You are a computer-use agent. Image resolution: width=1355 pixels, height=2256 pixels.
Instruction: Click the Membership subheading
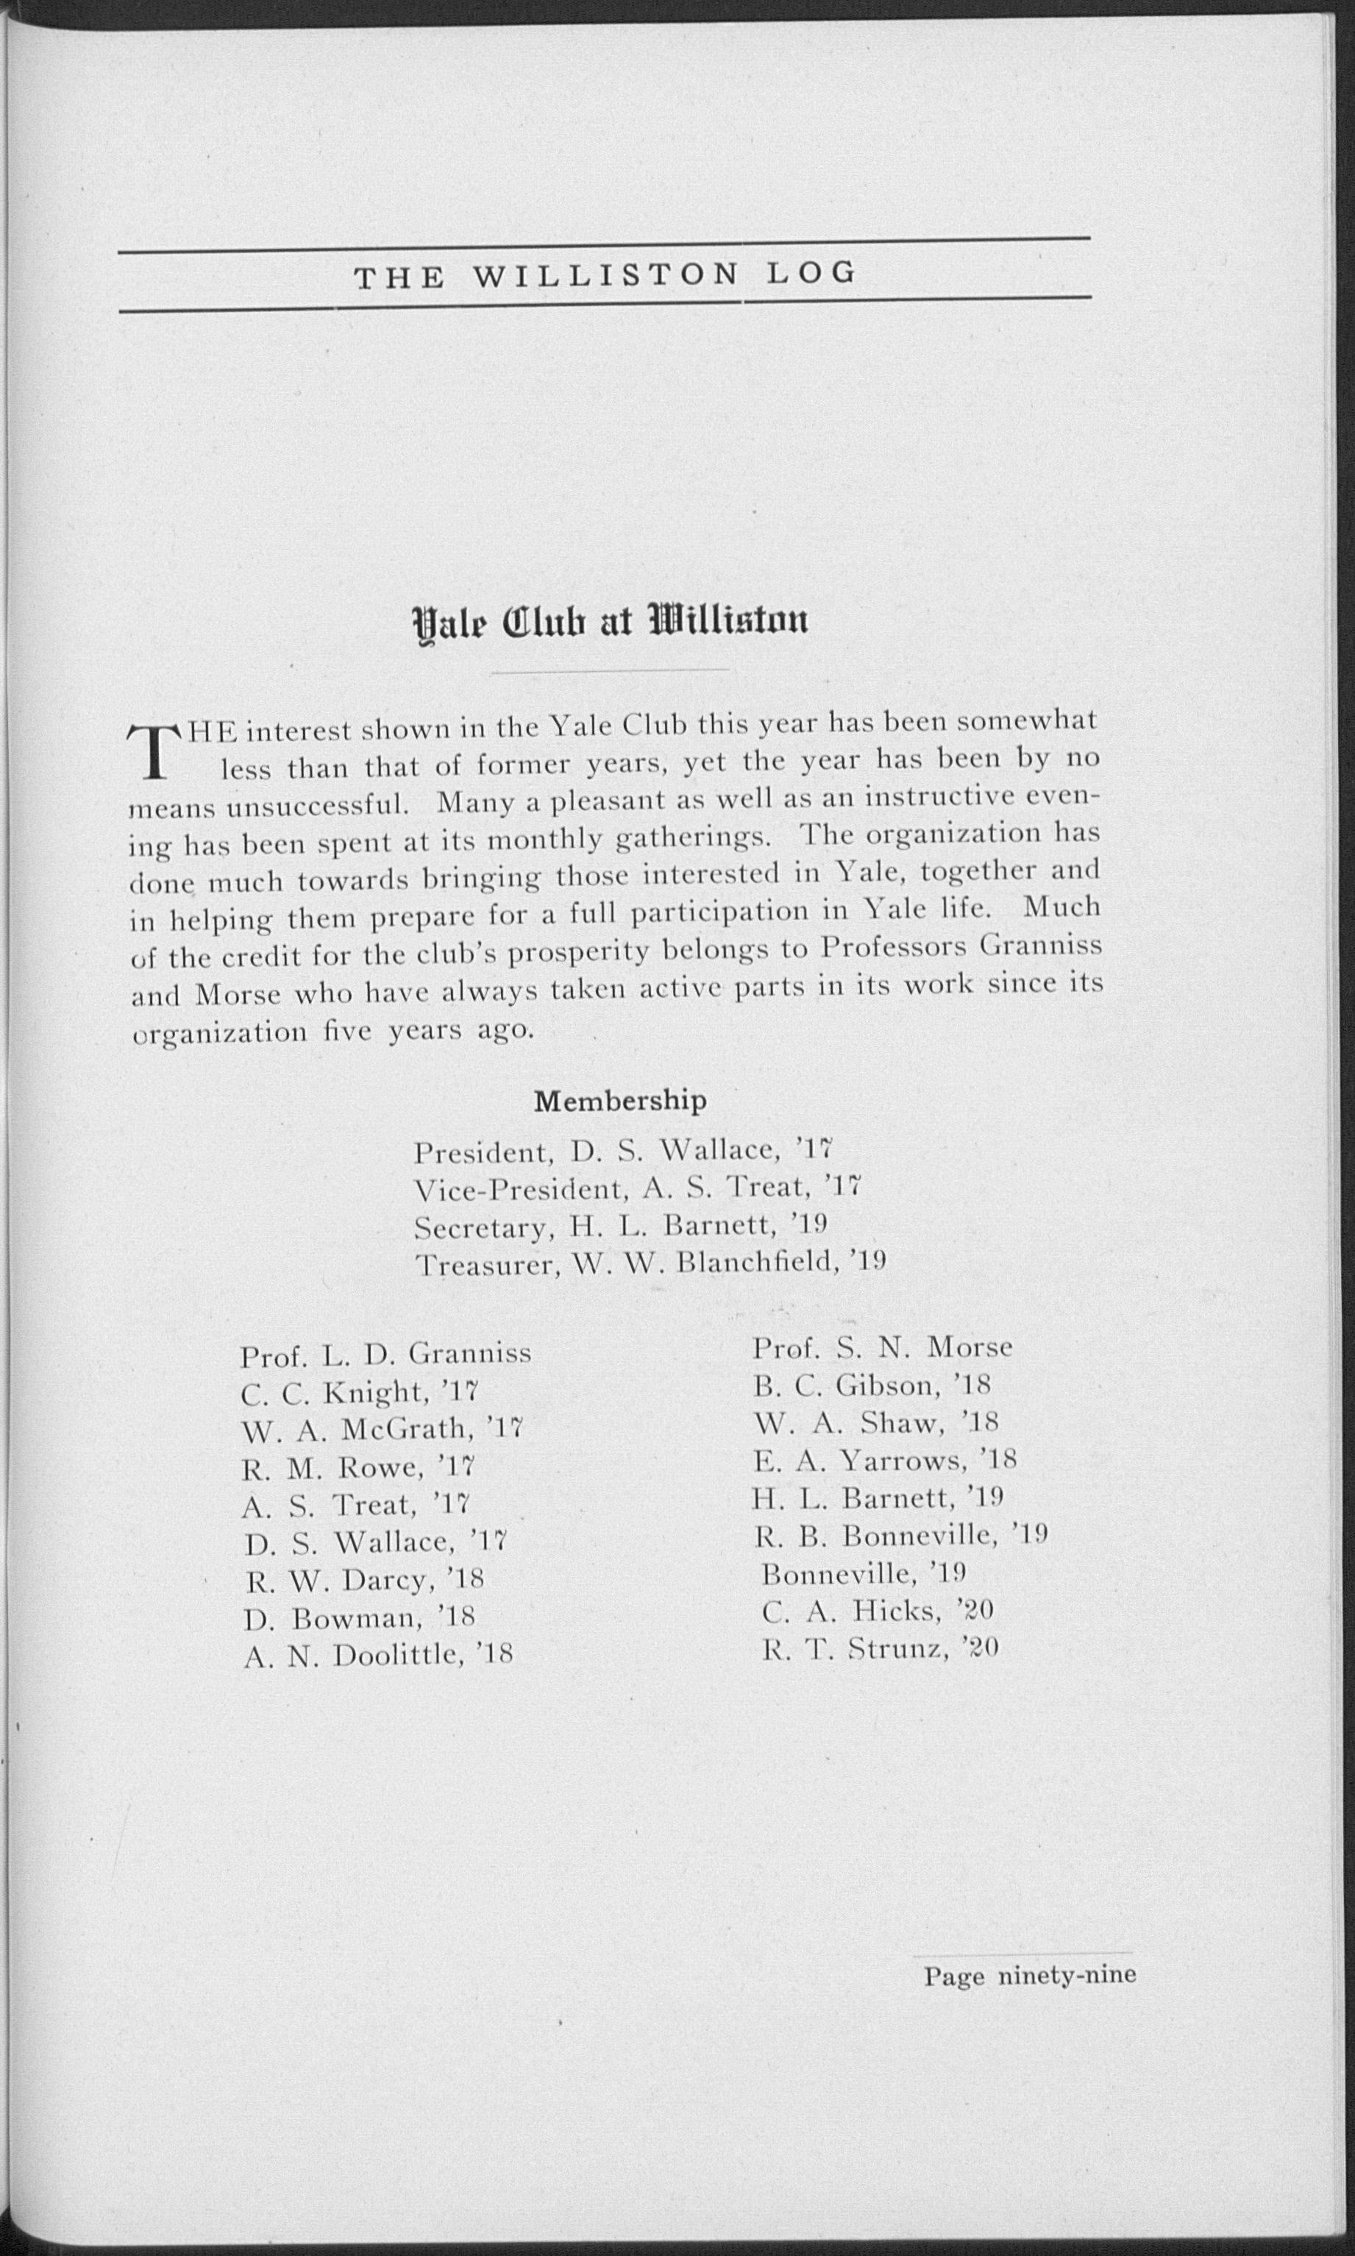tap(620, 1101)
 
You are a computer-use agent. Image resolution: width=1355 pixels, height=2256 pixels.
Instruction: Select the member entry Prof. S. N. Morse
tap(882, 1347)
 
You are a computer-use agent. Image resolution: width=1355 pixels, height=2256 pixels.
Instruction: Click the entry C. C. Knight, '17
tap(360, 1392)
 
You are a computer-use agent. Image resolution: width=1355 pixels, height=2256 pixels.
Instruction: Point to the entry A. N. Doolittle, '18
tap(378, 1654)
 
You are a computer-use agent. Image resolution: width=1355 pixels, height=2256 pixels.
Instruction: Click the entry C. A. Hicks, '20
tap(878, 1610)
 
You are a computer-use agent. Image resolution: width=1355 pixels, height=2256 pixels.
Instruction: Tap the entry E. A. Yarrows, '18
tap(884, 1461)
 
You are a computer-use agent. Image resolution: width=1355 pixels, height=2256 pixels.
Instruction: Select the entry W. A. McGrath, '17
tap(382, 1428)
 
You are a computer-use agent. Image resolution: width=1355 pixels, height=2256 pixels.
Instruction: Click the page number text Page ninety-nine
tap(1029, 1975)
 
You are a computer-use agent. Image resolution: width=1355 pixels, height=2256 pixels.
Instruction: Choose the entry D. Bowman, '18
tap(359, 1617)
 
